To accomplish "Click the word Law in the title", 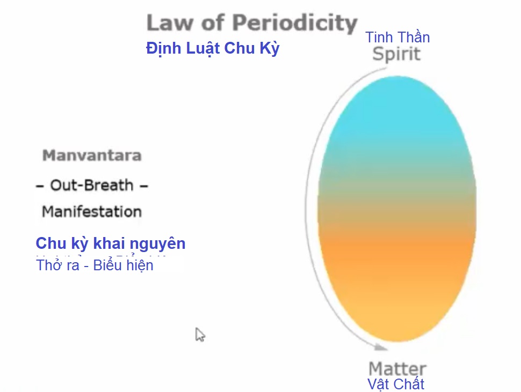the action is pyautogui.click(x=169, y=23).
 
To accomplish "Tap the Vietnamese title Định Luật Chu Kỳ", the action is pyautogui.click(x=213, y=48).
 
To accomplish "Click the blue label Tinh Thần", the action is pyautogui.click(x=397, y=37).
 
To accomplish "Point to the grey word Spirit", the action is pyautogui.click(x=396, y=54).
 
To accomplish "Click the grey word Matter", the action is pyautogui.click(x=397, y=369).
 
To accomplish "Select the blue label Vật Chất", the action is pyautogui.click(x=396, y=384).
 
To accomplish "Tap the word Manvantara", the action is pyautogui.click(x=92, y=156).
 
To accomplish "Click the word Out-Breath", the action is pyautogui.click(x=91, y=185).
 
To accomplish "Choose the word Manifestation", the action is pyautogui.click(x=92, y=212).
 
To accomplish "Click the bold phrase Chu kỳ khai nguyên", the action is pyautogui.click(x=110, y=244).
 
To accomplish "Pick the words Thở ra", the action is pyautogui.click(x=57, y=265).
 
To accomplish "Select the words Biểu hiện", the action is pyautogui.click(x=123, y=265).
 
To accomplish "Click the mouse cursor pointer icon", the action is pyautogui.click(x=200, y=335).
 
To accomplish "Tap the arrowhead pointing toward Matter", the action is pyautogui.click(x=381, y=347).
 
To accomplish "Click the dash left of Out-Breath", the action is pyautogui.click(x=40, y=186).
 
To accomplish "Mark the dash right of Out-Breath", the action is pyautogui.click(x=144, y=186).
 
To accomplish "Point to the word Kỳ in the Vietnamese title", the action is pyautogui.click(x=270, y=48).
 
